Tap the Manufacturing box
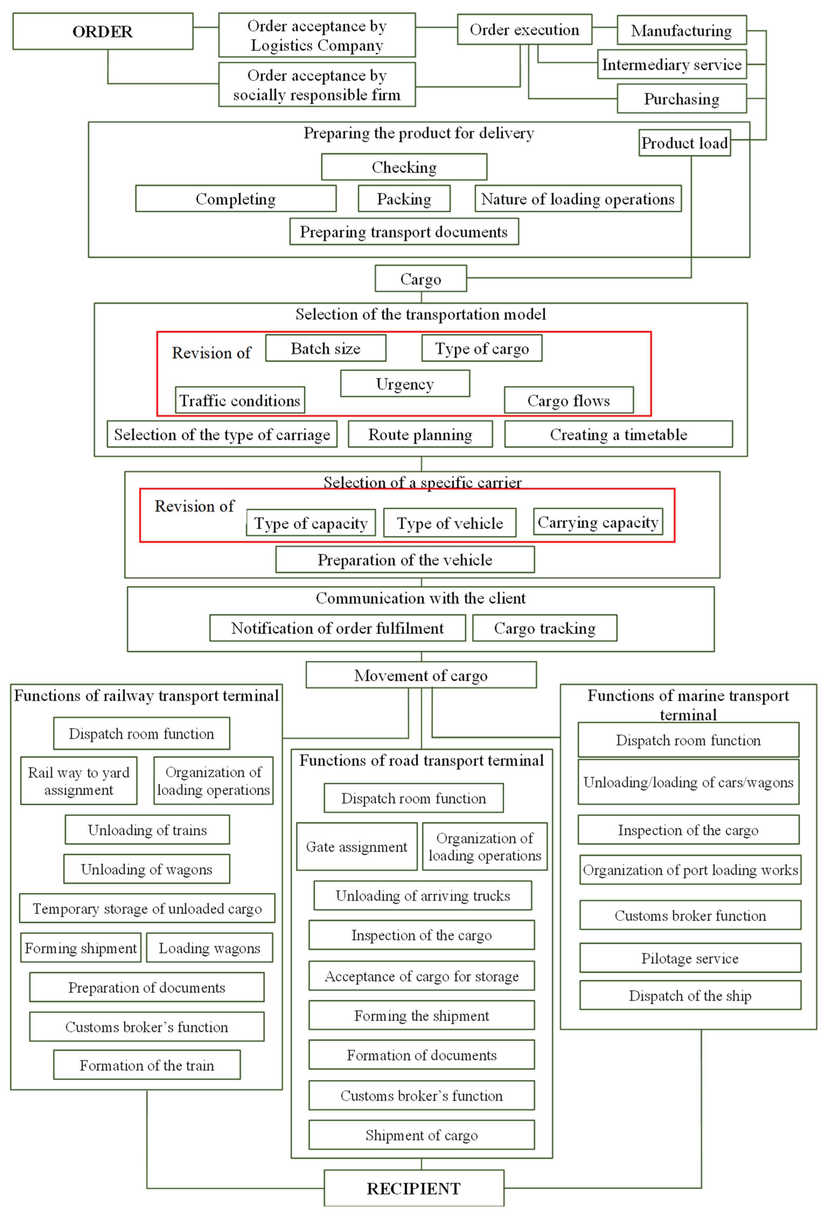pyautogui.click(x=681, y=30)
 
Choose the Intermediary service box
pyautogui.click(x=672, y=64)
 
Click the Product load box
pyautogui.click(x=684, y=143)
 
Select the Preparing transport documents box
pyautogui.click(x=404, y=232)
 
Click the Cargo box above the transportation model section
pyautogui.click(x=420, y=279)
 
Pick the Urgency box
pyautogui.click(x=405, y=384)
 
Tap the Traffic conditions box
pyautogui.click(x=240, y=400)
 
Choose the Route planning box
pyautogui.click(x=420, y=434)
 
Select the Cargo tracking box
pyautogui.click(x=544, y=628)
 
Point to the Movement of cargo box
pyautogui.click(x=421, y=675)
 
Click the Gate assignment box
pyautogui.click(x=356, y=846)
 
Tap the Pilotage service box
pyautogui.click(x=690, y=958)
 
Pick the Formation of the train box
pyautogui.click(x=147, y=1065)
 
